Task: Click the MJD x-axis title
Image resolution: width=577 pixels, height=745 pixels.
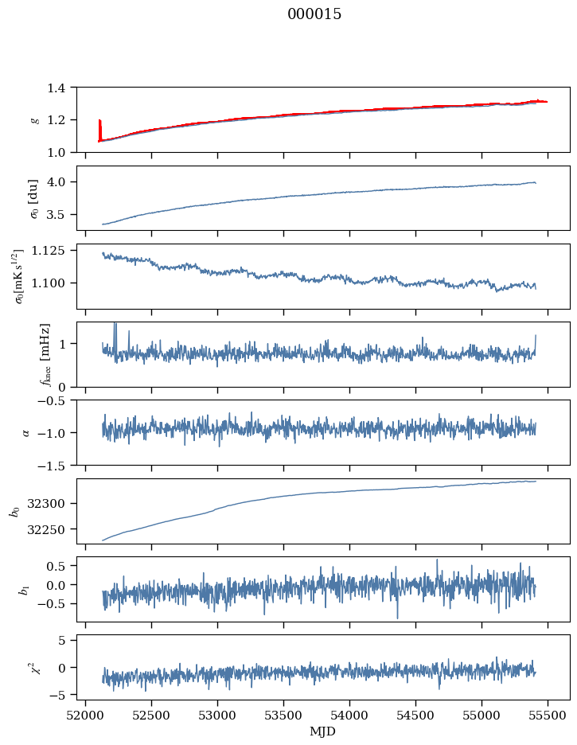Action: point(323,731)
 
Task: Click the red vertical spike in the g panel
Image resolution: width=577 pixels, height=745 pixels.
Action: point(99,130)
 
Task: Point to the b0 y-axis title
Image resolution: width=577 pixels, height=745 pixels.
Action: point(14,511)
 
